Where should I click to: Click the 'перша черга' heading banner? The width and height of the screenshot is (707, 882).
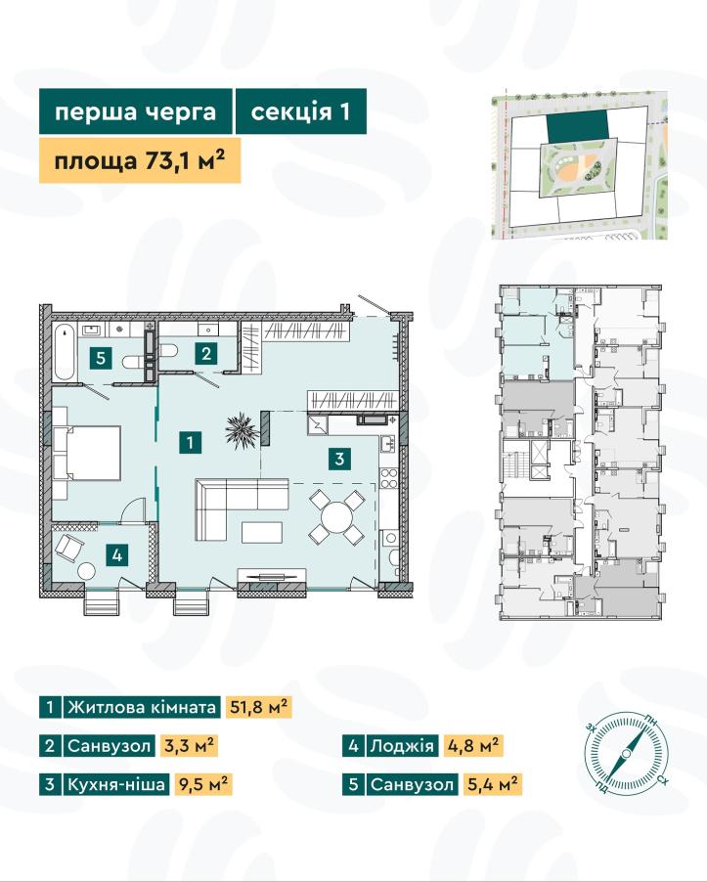tap(136, 111)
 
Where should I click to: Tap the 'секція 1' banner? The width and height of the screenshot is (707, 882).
tap(301, 111)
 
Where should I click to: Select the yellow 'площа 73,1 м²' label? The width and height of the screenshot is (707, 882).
tap(140, 161)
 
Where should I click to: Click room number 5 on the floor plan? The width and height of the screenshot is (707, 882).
tap(101, 357)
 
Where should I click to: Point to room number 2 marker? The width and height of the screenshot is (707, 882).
tap(206, 353)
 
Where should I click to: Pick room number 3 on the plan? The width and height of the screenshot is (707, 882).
tap(339, 459)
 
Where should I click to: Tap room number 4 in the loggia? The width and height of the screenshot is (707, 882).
tap(117, 555)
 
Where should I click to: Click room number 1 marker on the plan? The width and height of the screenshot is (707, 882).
tap(190, 443)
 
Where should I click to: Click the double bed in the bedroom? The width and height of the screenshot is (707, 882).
tap(88, 453)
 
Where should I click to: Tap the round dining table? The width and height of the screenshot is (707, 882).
tap(336, 517)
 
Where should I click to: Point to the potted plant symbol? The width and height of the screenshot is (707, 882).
tap(242, 430)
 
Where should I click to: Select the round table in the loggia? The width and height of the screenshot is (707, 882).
tap(87, 571)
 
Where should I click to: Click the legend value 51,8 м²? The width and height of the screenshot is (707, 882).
tap(259, 707)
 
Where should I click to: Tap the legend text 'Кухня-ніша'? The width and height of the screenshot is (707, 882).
tap(116, 783)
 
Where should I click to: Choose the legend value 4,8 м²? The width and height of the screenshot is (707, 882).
tap(473, 746)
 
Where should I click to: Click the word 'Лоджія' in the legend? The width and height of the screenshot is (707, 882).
tap(402, 746)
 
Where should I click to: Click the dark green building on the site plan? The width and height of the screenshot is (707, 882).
tap(578, 126)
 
